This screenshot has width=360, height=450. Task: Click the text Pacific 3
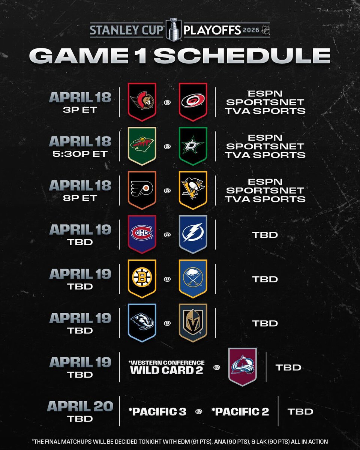pyautogui.click(x=157, y=411)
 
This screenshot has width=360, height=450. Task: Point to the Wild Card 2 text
pyautogui.click(x=166, y=370)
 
